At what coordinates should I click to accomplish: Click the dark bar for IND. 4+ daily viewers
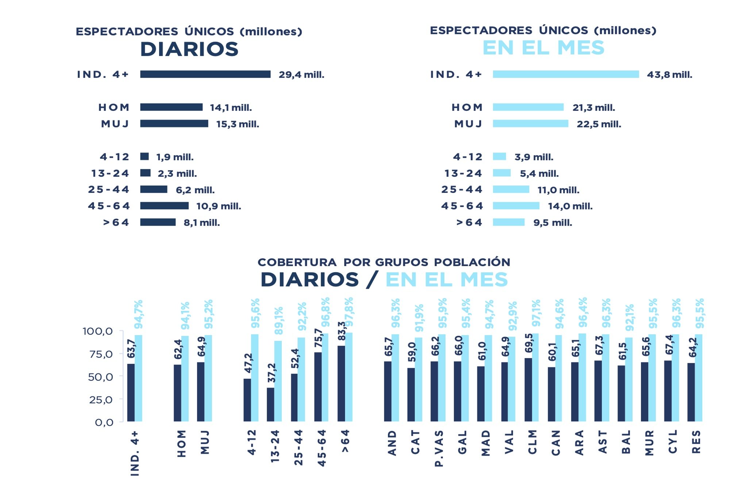tap(205, 74)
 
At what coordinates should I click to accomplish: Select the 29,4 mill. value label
tap(301, 75)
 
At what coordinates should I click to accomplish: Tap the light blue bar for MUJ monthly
tap(530, 124)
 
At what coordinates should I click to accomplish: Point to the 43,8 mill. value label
tap(669, 75)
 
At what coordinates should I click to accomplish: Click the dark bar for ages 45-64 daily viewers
tap(164, 206)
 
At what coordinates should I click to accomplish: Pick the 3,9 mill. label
tap(534, 157)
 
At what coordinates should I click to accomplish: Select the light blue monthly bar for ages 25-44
tap(511, 189)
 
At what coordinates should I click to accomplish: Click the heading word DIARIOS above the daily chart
tap(189, 49)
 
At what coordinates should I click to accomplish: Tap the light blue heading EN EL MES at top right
tap(543, 48)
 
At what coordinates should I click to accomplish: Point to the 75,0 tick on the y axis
tap(101, 354)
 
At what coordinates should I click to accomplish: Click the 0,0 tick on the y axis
tap(104, 422)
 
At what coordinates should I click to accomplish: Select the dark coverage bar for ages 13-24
tap(270, 404)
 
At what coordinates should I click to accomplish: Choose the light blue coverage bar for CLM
tap(535, 377)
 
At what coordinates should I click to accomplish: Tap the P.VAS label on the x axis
tap(439, 448)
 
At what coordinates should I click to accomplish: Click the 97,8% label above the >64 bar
tap(349, 312)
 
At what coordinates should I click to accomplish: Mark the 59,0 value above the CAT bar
tap(412, 352)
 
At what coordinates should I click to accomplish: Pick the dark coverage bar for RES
tap(691, 392)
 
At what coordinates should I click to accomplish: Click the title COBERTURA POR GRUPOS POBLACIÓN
tap(384, 262)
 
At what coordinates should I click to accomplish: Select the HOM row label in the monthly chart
tap(467, 107)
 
